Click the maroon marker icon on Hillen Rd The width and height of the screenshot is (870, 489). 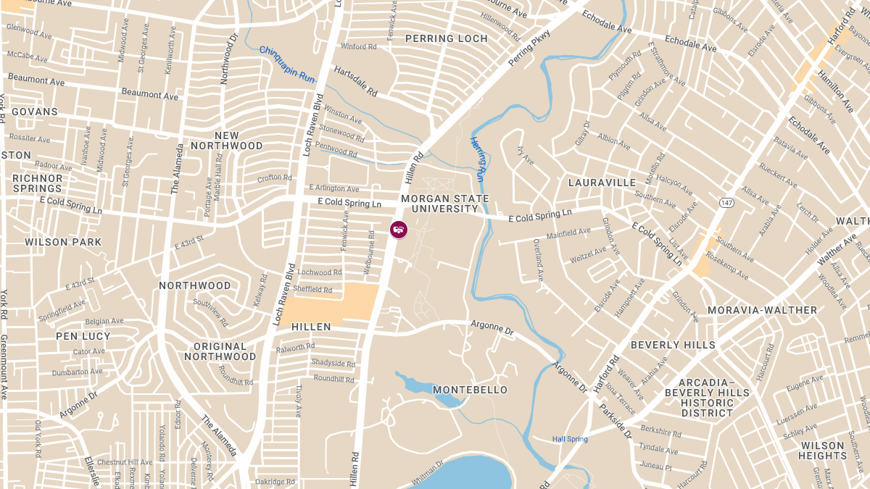pos(398,230)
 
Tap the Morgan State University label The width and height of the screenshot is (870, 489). pos(445,204)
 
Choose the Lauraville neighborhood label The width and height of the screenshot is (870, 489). pos(602,183)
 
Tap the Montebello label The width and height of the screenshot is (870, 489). pos(470,390)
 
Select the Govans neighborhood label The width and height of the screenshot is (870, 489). pos(34,112)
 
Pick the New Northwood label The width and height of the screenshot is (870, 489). pos(227,141)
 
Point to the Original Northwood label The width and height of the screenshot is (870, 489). pos(220,351)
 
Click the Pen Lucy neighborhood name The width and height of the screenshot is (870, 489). pos(83,336)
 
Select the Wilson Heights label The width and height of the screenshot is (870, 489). pos(823,451)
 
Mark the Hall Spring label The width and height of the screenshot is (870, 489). pos(570,439)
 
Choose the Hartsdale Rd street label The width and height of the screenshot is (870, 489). pos(355,82)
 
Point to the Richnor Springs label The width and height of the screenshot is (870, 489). pos(38,183)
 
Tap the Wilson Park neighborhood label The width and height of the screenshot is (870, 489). pos(63,242)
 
